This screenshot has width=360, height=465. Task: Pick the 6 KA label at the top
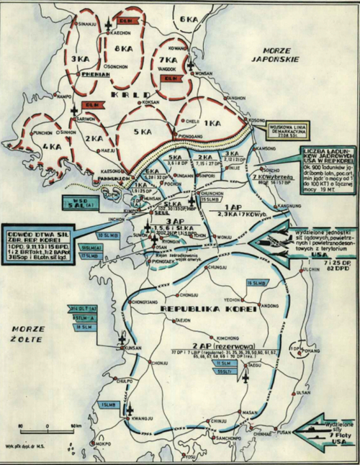point(190,17)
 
